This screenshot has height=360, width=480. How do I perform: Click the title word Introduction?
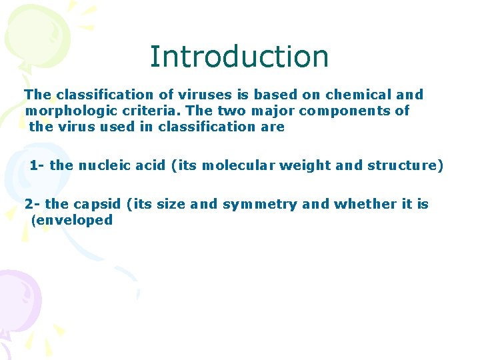coord(239,57)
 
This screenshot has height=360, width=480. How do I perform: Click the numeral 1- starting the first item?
coord(37,165)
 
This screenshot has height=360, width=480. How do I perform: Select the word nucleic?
coord(102,165)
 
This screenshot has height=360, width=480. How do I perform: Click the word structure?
coord(403,165)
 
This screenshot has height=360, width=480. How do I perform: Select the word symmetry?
coord(260,204)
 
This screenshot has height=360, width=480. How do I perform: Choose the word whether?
coord(364,204)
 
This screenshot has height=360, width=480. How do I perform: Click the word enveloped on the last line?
coord(74,220)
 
